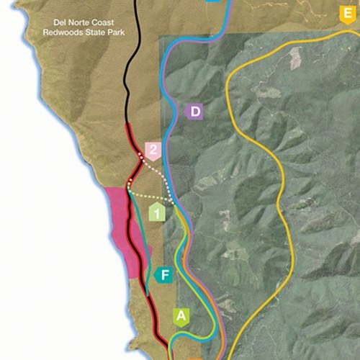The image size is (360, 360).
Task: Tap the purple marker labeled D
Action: pyautogui.click(x=194, y=112)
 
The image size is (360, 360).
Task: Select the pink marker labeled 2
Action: pyautogui.click(x=153, y=149)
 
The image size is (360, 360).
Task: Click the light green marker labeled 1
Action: pyautogui.click(x=156, y=212)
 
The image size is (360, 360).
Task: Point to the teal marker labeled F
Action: pyautogui.click(x=164, y=275)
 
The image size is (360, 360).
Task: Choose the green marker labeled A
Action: pyautogui.click(x=181, y=315)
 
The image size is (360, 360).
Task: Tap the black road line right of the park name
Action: pyautogui.click(x=134, y=43)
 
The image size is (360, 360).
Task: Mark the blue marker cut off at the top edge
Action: pyautogui.click(x=212, y=1)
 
